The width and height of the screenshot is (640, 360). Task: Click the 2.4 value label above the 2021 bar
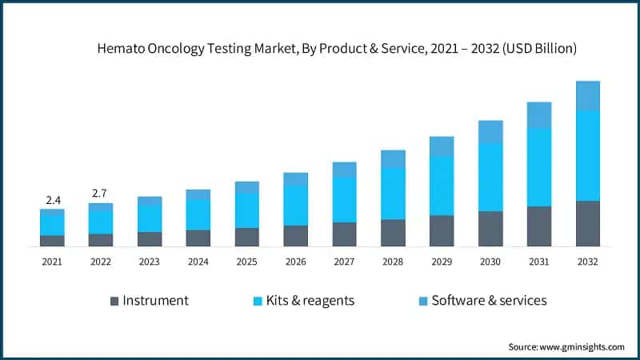coord(52,199)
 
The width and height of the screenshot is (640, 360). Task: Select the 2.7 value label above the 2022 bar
coord(101,193)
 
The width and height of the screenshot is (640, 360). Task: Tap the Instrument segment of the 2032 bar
coord(588,223)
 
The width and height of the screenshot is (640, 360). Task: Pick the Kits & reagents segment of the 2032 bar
coord(588,155)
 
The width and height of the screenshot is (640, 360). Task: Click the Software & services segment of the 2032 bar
coord(588,95)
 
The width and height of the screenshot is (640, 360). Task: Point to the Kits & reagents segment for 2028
coord(393,194)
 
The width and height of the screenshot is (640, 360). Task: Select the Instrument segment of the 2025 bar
coord(247,237)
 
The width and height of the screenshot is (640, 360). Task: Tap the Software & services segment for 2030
coord(490,132)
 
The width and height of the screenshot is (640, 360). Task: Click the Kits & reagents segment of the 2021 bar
coord(52,225)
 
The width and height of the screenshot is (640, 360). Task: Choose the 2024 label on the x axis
coord(198,262)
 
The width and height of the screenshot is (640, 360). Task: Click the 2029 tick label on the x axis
coord(442,262)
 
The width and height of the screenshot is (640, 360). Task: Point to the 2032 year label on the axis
coord(588,262)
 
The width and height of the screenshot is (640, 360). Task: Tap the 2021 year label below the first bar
coord(52,262)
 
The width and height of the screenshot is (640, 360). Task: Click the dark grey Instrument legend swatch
coord(114,302)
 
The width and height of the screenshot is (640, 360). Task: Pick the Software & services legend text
coord(489,301)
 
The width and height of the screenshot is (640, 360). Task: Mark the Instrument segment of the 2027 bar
coord(344,234)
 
